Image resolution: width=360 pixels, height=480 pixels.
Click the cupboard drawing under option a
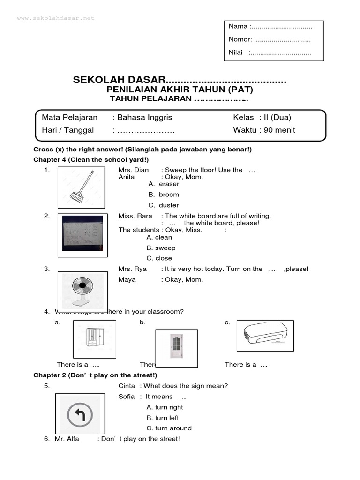(x=94, y=339)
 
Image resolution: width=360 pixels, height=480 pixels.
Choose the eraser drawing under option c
(x=265, y=335)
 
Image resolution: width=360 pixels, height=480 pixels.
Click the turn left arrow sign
(x=79, y=414)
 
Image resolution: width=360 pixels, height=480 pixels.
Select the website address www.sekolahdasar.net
(x=56, y=18)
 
